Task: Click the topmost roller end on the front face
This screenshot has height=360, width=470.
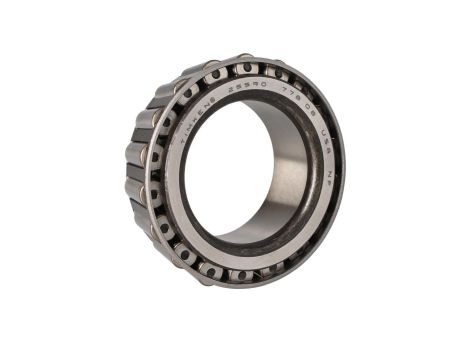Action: coord(246,68)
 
